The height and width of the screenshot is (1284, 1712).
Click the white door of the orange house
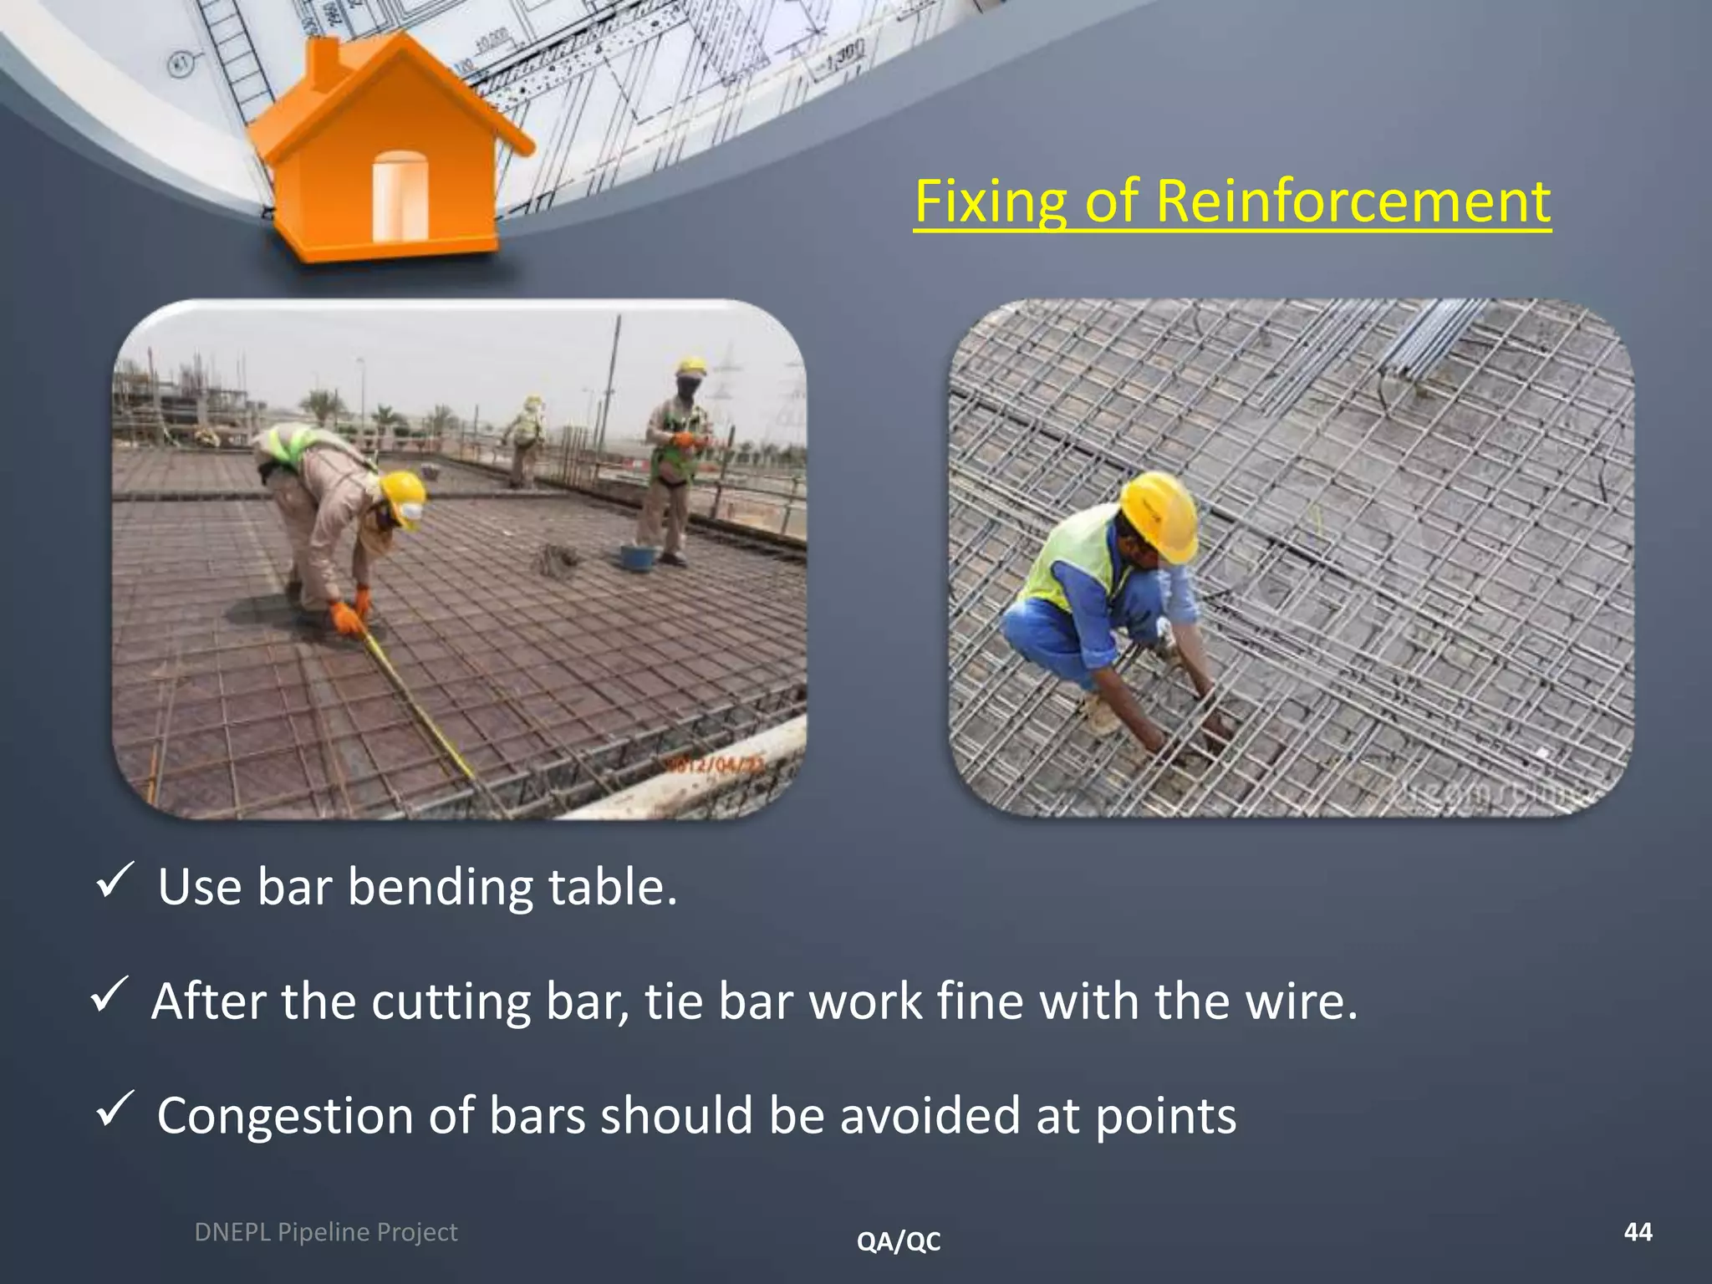point(400,196)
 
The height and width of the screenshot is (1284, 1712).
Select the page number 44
point(1638,1231)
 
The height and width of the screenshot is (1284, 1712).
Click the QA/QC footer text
point(899,1241)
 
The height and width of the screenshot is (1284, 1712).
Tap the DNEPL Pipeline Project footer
point(325,1232)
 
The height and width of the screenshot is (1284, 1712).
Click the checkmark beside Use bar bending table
point(112,881)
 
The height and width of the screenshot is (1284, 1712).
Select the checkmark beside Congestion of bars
point(112,1109)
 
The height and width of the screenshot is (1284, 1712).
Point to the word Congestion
point(284,1116)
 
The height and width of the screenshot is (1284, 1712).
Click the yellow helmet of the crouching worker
point(1159,514)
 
